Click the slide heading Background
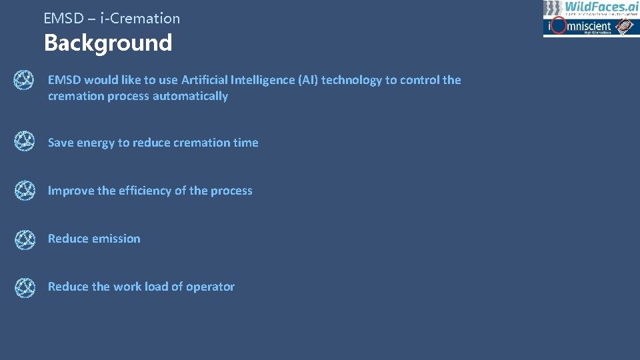click(108, 43)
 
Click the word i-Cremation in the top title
click(140, 19)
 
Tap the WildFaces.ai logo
click(591, 8)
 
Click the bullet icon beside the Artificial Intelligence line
click(25, 81)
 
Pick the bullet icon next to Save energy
click(25, 143)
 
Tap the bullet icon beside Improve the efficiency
click(25, 191)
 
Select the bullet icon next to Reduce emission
click(25, 239)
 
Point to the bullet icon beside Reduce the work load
click(25, 287)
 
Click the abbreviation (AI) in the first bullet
click(308, 80)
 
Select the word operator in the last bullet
click(210, 287)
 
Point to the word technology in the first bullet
click(351, 80)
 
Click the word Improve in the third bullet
click(71, 191)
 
